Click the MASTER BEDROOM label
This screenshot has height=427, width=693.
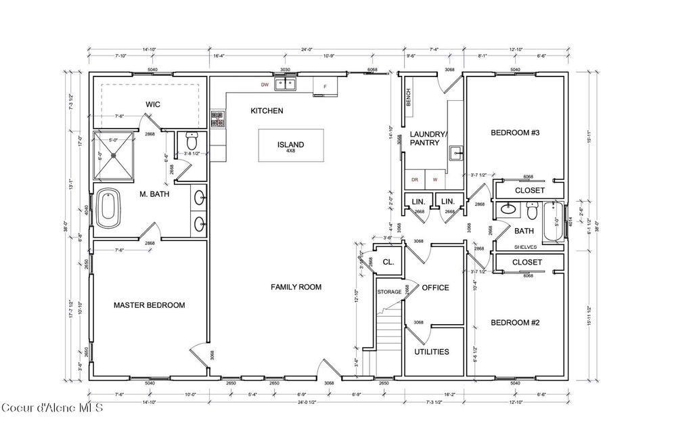click(x=149, y=305)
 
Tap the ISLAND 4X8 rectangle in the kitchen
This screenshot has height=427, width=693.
click(x=290, y=145)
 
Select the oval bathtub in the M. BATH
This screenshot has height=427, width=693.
click(x=108, y=208)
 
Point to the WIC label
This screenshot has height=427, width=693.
click(x=152, y=104)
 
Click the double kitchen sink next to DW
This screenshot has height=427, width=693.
click(x=290, y=85)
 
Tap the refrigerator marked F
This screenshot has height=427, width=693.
click(x=325, y=87)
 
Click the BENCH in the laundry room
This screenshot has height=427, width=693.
click(x=408, y=98)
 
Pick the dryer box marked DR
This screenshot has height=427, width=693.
click(x=415, y=180)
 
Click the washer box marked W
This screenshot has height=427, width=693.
click(x=435, y=180)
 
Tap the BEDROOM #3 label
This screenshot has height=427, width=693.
click(x=514, y=133)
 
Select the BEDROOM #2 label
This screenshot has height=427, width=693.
click(x=514, y=322)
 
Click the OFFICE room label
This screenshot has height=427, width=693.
click(x=435, y=288)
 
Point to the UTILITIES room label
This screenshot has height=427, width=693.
click(x=432, y=352)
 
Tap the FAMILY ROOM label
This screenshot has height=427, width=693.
click(x=296, y=287)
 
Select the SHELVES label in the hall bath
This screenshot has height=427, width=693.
click(x=526, y=248)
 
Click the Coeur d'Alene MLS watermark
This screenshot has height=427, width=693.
click(x=52, y=407)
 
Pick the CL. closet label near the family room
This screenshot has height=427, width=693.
click(x=388, y=261)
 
